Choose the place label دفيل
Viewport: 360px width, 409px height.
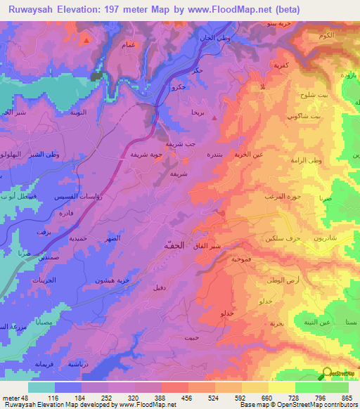(159, 287)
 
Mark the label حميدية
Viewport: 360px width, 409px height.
(77, 238)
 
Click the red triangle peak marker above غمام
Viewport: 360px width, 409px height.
(86, 40)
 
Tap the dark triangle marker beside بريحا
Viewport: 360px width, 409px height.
(214, 117)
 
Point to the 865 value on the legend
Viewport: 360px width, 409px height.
(346, 398)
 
